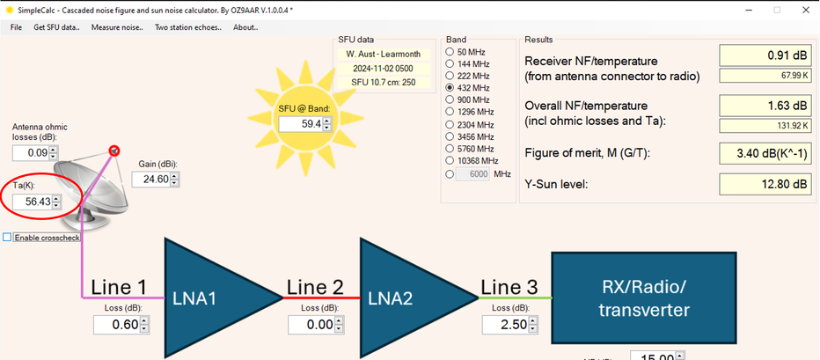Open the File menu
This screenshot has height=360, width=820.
(16, 28)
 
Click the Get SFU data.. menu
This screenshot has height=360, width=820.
(56, 28)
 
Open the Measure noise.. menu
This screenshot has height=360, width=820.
(117, 28)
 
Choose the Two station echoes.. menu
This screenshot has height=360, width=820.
(187, 28)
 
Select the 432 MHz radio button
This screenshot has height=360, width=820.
(450, 87)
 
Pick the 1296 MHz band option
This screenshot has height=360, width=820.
(450, 112)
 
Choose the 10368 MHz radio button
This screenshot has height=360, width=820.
(450, 161)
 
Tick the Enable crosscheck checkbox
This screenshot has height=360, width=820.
(7, 238)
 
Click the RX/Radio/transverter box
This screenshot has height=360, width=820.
(644, 298)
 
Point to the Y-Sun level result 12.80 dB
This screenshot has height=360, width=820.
(765, 184)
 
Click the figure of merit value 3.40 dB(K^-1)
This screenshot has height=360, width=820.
(765, 153)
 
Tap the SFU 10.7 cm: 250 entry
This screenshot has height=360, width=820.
(384, 82)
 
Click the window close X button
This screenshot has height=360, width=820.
(805, 10)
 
